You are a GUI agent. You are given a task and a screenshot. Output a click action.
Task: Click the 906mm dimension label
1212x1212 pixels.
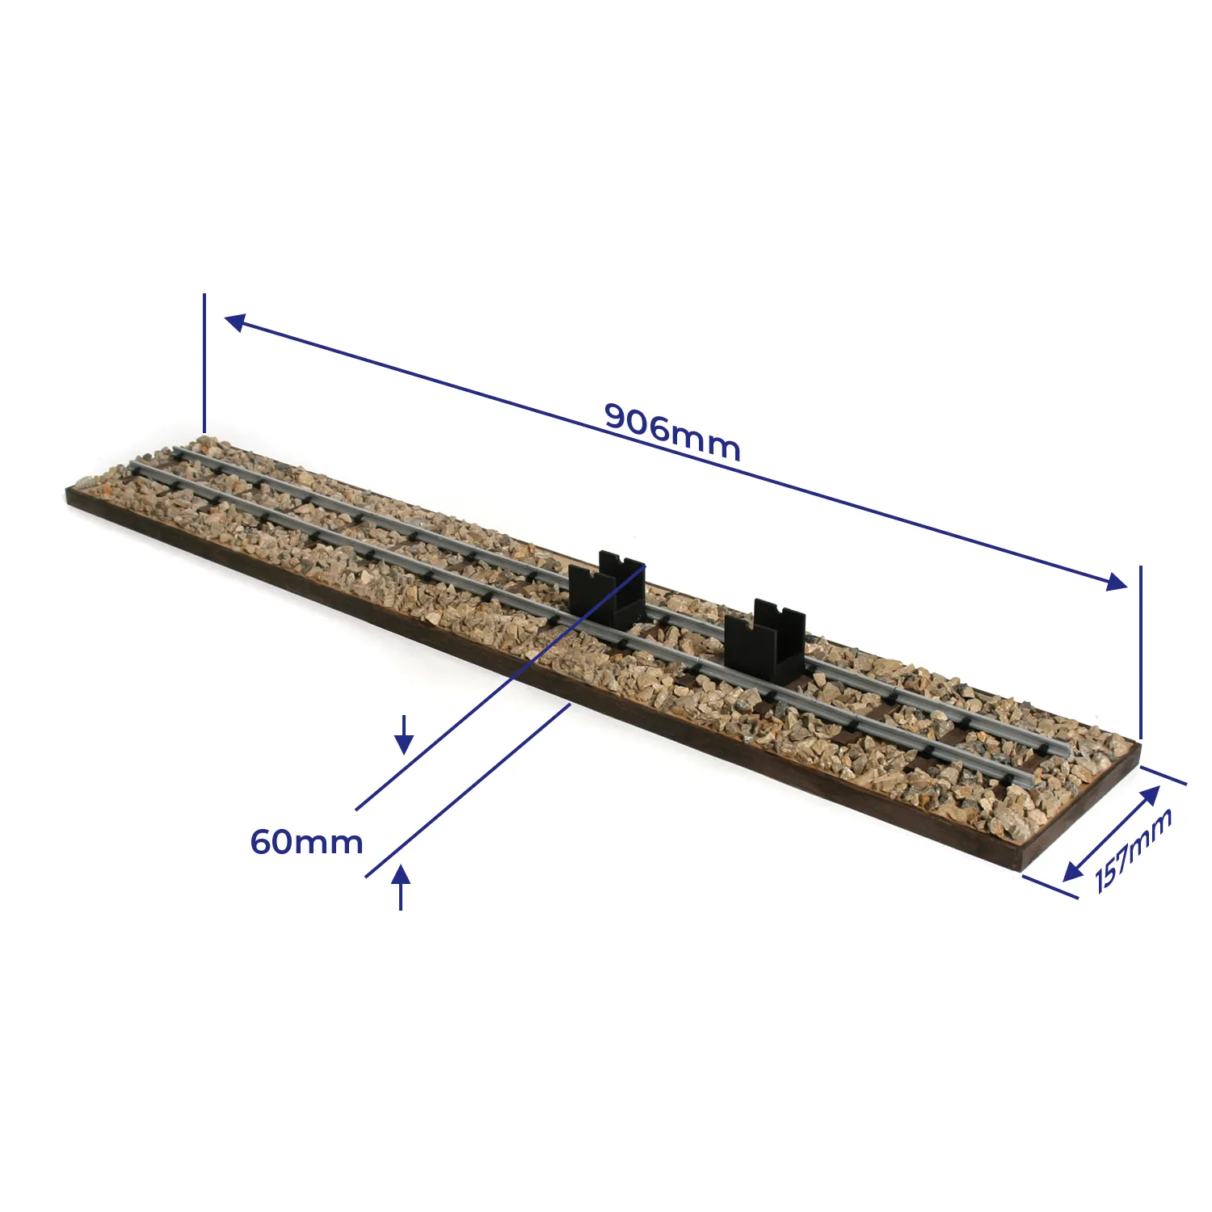click(x=672, y=431)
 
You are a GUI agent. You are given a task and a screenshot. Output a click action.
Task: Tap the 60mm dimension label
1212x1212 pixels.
click(x=307, y=842)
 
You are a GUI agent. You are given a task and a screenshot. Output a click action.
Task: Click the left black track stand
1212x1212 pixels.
click(x=607, y=590)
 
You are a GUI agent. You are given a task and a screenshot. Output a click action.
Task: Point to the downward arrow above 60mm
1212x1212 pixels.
click(x=404, y=734)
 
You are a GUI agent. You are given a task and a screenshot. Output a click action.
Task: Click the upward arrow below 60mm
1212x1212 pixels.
click(x=401, y=886)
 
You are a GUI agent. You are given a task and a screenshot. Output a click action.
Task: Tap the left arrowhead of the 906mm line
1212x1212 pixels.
click(x=235, y=322)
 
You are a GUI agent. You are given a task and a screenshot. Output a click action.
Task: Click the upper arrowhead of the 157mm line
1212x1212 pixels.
click(x=1151, y=796)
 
